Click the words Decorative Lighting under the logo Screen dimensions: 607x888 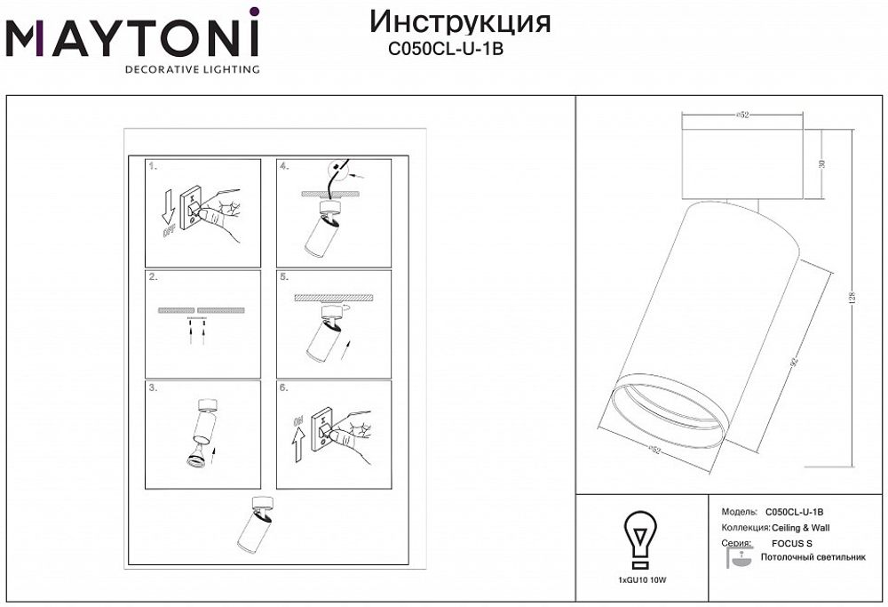[192, 69]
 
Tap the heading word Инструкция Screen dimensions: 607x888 [459, 22]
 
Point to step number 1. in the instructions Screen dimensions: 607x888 [154, 166]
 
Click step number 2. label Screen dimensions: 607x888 [154, 276]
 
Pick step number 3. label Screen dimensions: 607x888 [154, 387]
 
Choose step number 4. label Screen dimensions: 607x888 [284, 166]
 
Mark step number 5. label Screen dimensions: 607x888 [284, 276]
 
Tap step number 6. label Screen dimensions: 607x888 [284, 387]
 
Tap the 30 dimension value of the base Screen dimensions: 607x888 [822, 164]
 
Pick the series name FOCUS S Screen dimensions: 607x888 [793, 542]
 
